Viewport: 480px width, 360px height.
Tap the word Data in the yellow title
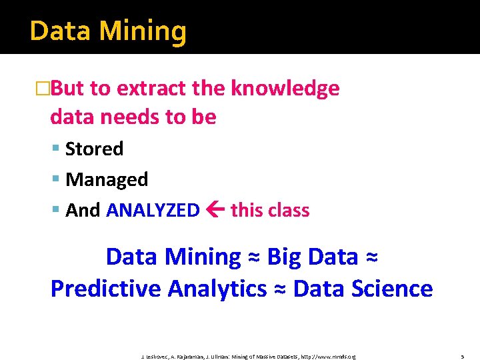coord(57,31)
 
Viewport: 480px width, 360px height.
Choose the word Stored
coord(94,149)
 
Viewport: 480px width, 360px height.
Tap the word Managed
coord(107,179)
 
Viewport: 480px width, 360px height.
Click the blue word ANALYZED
coord(153,210)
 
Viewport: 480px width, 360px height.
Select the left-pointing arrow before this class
coord(215,210)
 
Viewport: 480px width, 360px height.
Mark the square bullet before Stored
coord(56,149)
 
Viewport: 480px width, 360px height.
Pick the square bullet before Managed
coord(56,179)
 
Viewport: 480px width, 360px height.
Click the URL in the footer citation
coord(329,357)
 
